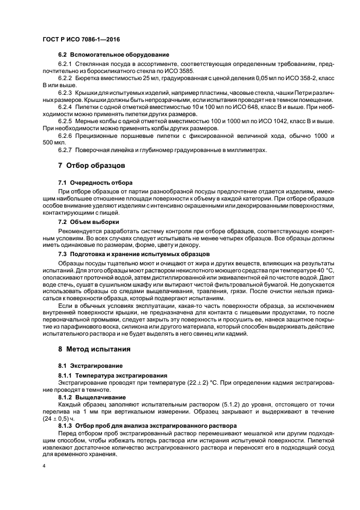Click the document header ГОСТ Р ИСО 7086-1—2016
(x=81, y=40)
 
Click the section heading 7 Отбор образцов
(x=91, y=165)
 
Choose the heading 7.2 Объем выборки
(x=89, y=222)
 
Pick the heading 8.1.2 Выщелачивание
(x=91, y=398)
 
